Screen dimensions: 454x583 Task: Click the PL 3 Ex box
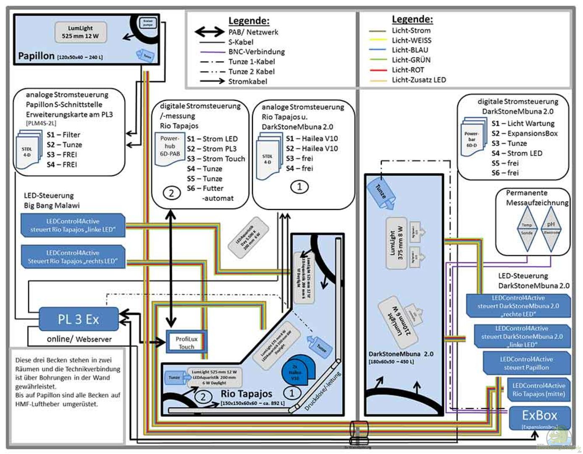tap(79, 319)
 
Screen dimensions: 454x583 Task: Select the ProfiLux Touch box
tap(186, 342)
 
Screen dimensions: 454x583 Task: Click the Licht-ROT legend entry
tap(407, 70)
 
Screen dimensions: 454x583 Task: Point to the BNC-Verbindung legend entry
tap(256, 52)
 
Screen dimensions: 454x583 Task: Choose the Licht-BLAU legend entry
tap(410, 50)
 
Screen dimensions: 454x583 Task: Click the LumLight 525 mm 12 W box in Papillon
tap(80, 32)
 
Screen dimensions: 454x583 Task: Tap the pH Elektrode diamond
tap(551, 228)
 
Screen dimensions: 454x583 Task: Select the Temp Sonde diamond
tap(527, 229)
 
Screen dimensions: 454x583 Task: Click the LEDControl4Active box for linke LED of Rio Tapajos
tap(73, 225)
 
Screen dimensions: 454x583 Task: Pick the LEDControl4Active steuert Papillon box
tap(526, 363)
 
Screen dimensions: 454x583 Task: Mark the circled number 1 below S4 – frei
tap(299, 187)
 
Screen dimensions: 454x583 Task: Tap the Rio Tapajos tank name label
tap(246, 394)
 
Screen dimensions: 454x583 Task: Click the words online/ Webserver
tap(79, 339)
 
